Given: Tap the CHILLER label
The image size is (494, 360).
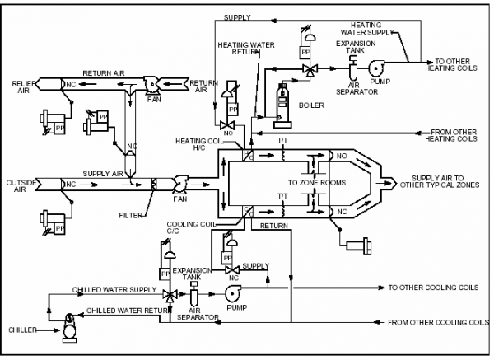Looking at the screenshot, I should point(22,330).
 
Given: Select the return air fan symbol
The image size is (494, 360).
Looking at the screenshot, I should point(151,82).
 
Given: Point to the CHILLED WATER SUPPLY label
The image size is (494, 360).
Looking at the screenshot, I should point(113,289).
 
